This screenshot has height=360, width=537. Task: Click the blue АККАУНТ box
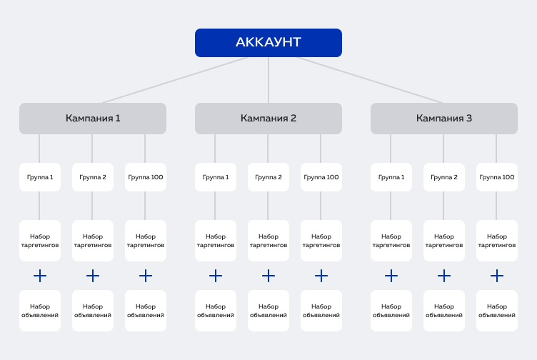click(268, 43)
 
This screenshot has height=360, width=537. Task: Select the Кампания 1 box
click(93, 119)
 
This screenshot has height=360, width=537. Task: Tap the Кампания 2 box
click(268, 119)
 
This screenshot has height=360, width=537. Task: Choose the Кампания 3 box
click(444, 119)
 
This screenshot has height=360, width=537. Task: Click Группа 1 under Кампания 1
click(40, 177)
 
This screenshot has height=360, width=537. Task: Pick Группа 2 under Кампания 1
click(93, 177)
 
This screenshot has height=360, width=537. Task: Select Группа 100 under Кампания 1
click(146, 177)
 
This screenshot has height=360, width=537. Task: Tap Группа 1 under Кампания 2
click(216, 177)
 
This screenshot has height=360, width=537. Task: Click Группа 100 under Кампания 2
click(321, 177)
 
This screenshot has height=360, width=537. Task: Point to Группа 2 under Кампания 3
click(444, 177)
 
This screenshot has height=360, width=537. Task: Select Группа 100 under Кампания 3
click(497, 177)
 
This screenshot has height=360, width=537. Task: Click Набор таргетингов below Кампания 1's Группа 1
click(40, 241)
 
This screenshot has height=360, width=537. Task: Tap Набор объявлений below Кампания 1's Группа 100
click(146, 311)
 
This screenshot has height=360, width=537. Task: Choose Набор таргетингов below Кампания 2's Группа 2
click(268, 241)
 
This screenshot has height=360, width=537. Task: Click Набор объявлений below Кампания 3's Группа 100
click(497, 311)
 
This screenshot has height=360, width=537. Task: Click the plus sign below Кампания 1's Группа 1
click(40, 276)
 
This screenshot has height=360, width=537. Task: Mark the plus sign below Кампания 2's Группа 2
click(268, 276)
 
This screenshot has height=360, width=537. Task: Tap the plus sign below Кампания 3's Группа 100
click(497, 276)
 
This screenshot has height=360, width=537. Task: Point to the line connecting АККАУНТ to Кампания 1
click(175, 80)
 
